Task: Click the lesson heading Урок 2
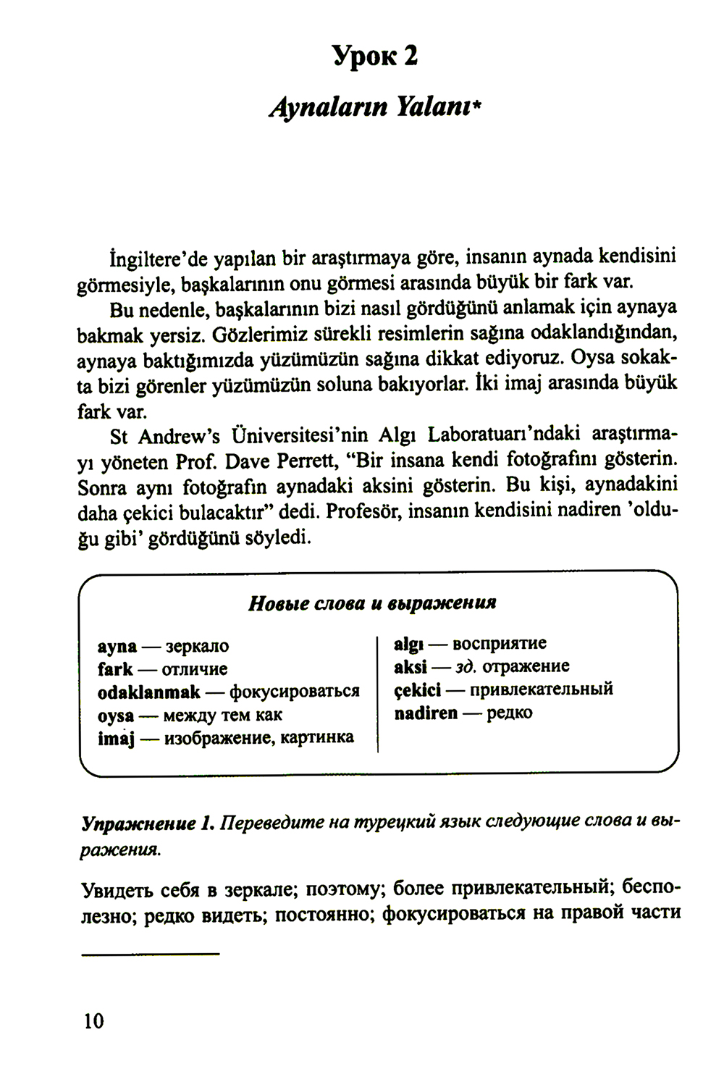coord(375,55)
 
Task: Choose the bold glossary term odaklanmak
coord(148,692)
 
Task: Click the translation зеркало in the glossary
coord(197,646)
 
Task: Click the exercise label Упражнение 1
coord(148,823)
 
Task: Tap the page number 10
coord(94,1021)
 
